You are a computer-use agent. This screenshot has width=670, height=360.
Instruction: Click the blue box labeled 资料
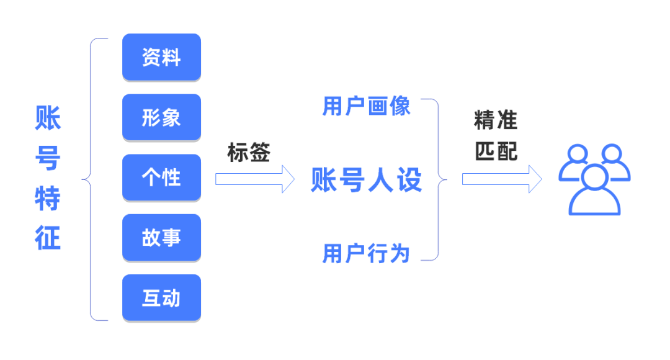(x=161, y=57)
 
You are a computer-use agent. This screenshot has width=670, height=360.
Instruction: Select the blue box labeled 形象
(x=161, y=117)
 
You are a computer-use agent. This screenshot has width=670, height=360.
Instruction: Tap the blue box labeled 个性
(x=161, y=178)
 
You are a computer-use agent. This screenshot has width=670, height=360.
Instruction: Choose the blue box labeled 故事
(x=161, y=238)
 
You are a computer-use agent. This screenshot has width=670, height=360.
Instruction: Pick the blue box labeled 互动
(x=161, y=298)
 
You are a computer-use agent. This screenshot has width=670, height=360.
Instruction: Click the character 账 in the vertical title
(x=48, y=118)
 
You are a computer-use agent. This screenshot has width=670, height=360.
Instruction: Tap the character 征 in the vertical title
(x=48, y=239)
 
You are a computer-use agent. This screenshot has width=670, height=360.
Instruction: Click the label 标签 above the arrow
(x=249, y=153)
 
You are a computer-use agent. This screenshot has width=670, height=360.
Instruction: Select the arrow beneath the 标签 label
(x=254, y=179)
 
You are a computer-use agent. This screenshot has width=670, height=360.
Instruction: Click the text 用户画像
(x=367, y=106)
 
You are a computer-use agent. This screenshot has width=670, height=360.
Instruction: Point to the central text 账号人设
(x=366, y=181)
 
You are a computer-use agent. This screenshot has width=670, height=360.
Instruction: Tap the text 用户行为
(x=367, y=253)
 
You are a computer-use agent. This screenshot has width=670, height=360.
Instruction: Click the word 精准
(x=495, y=120)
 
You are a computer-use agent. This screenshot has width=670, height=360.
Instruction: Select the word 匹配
(x=495, y=152)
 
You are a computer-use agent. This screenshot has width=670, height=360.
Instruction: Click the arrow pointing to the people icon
(x=501, y=179)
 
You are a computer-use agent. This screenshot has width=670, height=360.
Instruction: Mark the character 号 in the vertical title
(x=48, y=158)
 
